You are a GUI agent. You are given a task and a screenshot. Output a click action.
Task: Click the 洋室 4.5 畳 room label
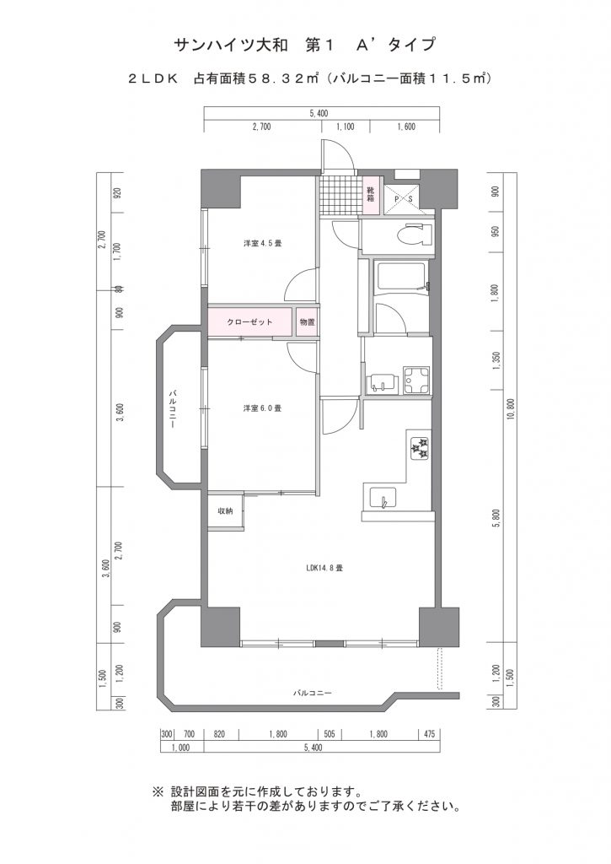point(263,243)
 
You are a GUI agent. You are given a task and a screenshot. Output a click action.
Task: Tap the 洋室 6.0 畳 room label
point(263,408)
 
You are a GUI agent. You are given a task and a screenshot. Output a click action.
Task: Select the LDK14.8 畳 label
point(324,568)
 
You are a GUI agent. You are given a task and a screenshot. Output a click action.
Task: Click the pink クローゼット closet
point(249,322)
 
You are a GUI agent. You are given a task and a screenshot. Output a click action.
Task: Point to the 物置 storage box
point(308,322)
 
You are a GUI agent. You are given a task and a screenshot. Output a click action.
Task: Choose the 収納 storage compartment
point(225,511)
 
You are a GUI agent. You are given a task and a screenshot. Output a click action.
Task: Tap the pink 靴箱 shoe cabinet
point(371,196)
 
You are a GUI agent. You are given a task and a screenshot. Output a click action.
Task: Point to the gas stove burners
point(419,447)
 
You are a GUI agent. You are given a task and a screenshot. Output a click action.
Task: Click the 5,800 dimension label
point(497,518)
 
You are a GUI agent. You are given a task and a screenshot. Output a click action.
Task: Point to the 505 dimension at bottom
point(330,734)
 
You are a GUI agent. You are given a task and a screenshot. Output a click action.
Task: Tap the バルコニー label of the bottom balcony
point(312,693)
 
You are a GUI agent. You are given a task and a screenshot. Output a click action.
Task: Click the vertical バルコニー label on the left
point(172,409)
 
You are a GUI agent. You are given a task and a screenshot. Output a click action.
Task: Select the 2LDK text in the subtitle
point(153,78)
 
